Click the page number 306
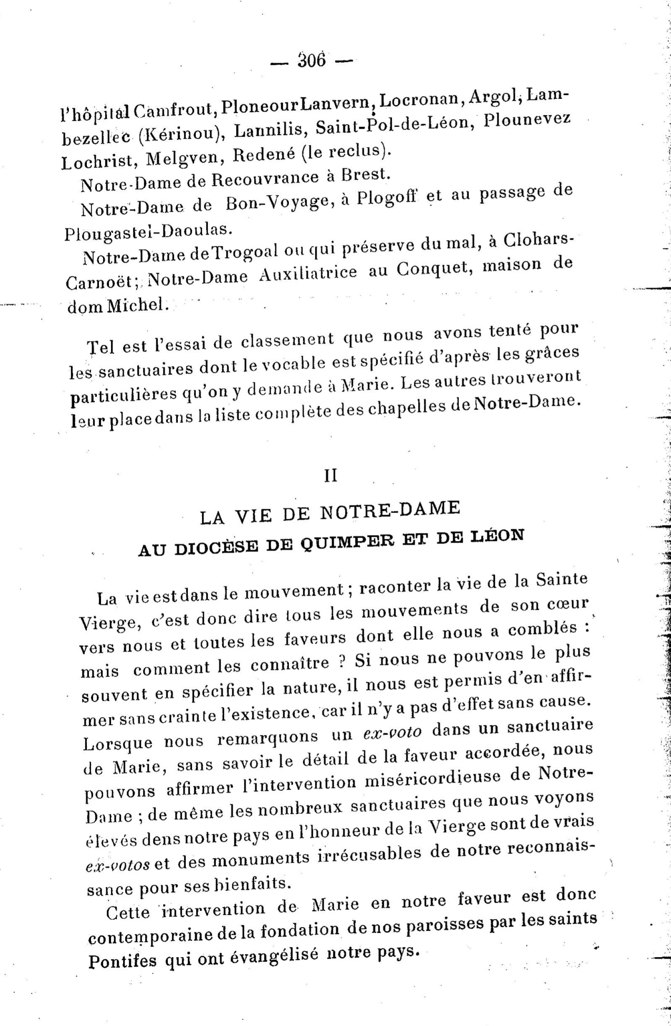[x=312, y=61]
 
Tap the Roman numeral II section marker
[x=330, y=476]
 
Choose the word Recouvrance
[x=265, y=179]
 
